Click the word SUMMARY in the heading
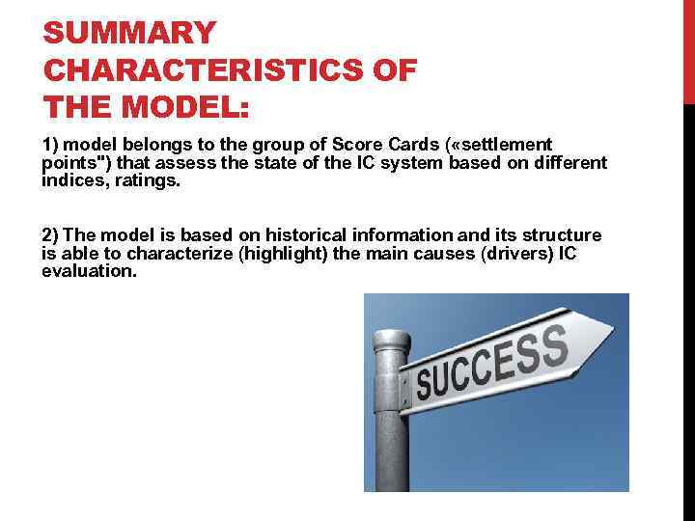coord(129,34)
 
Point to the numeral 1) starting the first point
coord(51,145)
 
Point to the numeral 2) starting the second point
coord(51,235)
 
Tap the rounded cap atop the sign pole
coord(393,339)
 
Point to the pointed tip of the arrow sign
coord(612,334)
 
